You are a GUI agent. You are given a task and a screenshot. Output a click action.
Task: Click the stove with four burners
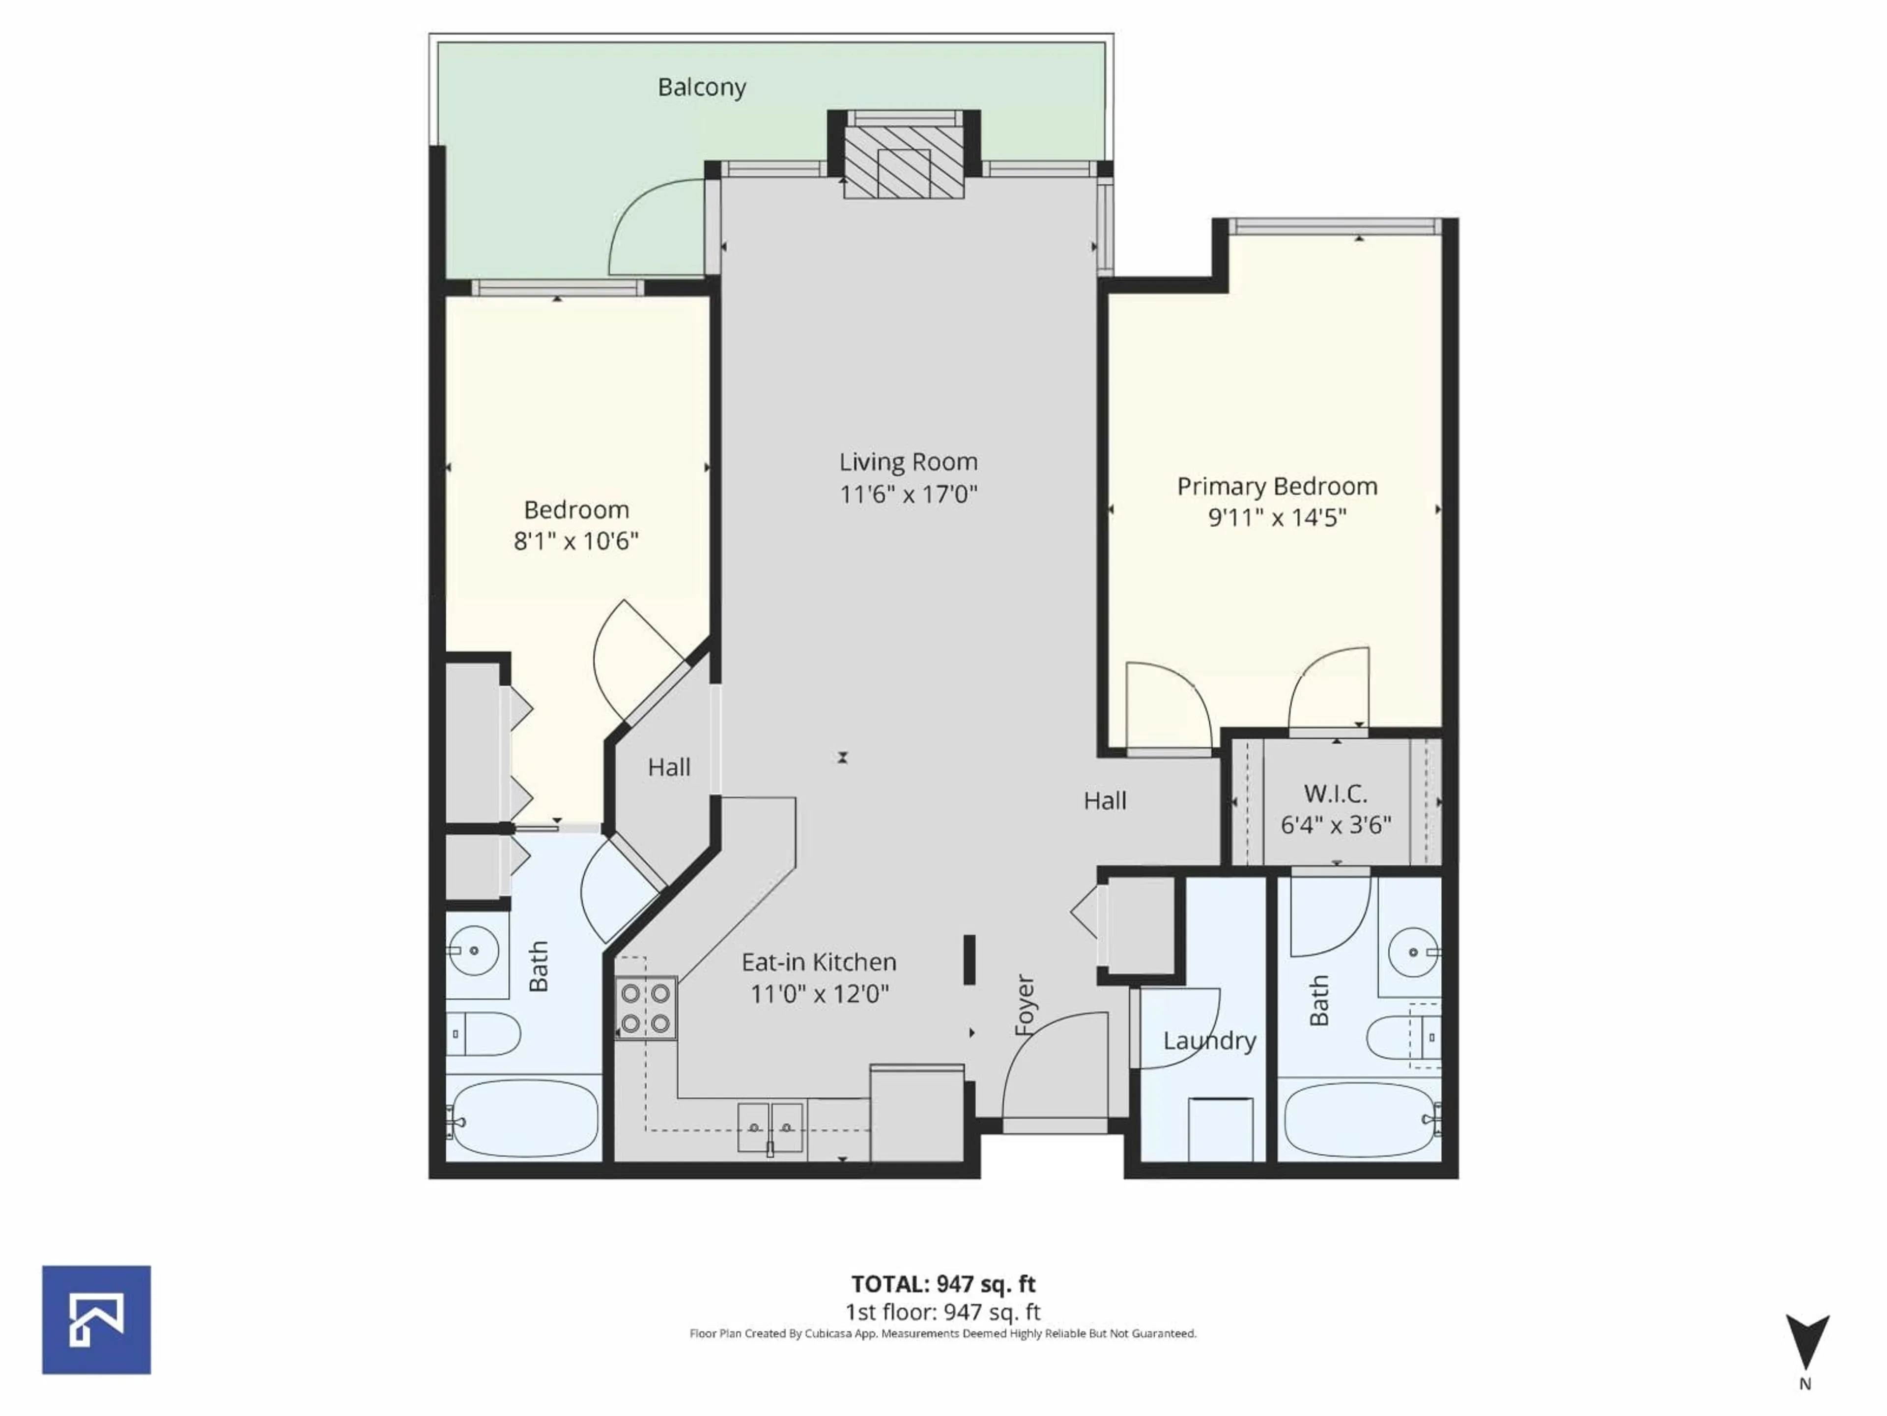(646, 1008)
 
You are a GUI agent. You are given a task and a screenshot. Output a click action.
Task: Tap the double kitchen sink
(771, 1127)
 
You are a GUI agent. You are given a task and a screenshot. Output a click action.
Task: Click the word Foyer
(1025, 1005)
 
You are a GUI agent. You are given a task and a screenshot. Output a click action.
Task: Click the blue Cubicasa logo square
(96, 1320)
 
